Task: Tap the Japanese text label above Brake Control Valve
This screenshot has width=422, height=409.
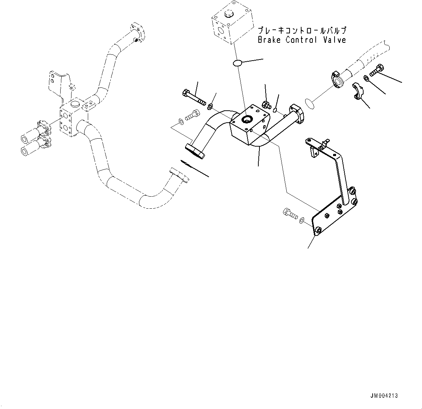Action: tap(302, 30)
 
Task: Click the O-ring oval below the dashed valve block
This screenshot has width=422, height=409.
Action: tap(238, 63)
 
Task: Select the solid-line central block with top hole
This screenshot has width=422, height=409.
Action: tap(250, 125)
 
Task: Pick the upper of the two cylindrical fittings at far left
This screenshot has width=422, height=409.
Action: tap(35, 130)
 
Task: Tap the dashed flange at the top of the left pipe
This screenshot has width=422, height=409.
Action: tap(138, 32)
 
